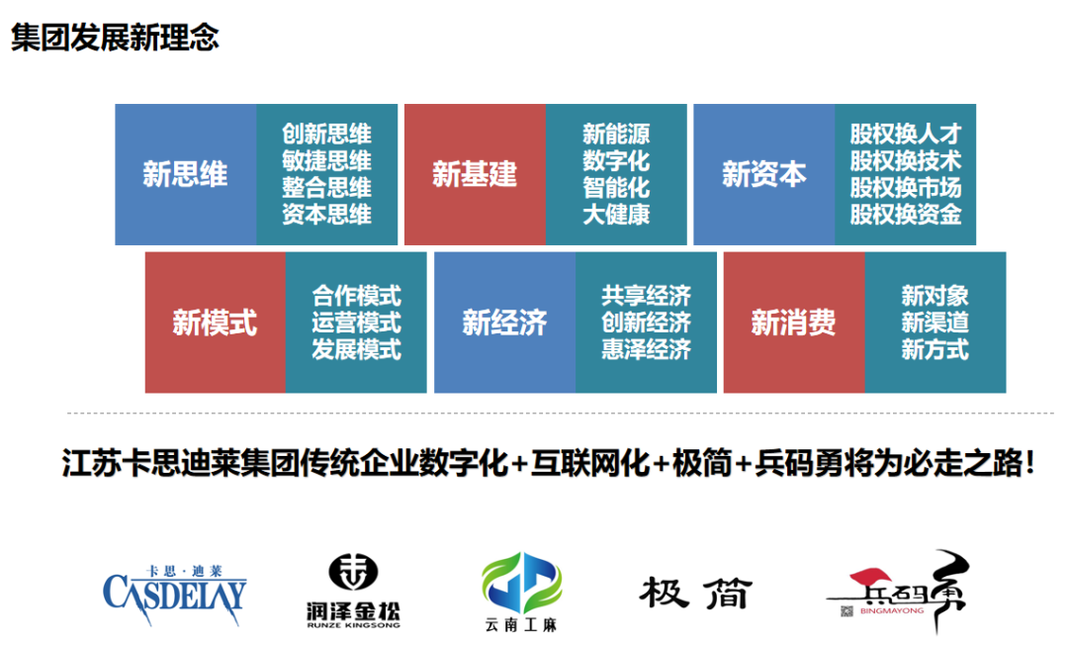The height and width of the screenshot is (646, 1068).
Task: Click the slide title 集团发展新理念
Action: pos(115,37)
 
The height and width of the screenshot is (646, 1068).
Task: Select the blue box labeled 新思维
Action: pos(185,174)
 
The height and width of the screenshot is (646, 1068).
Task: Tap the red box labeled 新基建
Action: pos(475,174)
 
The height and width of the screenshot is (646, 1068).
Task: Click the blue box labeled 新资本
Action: pos(764,174)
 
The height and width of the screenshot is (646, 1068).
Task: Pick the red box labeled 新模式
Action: pos(216,323)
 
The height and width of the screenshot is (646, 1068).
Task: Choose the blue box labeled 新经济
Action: pos(504,323)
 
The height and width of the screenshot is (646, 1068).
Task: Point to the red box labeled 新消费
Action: pos(794,323)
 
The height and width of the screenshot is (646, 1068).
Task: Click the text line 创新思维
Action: pos(327,134)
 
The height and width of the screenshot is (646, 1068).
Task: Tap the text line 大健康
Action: pos(616,214)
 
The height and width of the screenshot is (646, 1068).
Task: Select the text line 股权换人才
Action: pos(906,134)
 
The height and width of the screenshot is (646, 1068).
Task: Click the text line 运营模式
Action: pos(356,323)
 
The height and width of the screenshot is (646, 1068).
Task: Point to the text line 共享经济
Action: pos(646,295)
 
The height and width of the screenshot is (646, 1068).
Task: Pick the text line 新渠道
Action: pos(935,323)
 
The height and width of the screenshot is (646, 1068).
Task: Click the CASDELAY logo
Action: pos(175,595)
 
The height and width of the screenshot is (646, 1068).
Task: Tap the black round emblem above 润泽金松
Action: pos(353,571)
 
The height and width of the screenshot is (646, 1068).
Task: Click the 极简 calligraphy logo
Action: pos(696,593)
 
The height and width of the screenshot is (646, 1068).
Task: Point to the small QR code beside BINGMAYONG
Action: pos(846,611)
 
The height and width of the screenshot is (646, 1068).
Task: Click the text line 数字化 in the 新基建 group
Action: pos(616,161)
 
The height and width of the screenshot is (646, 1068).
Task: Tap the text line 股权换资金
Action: pos(906,214)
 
